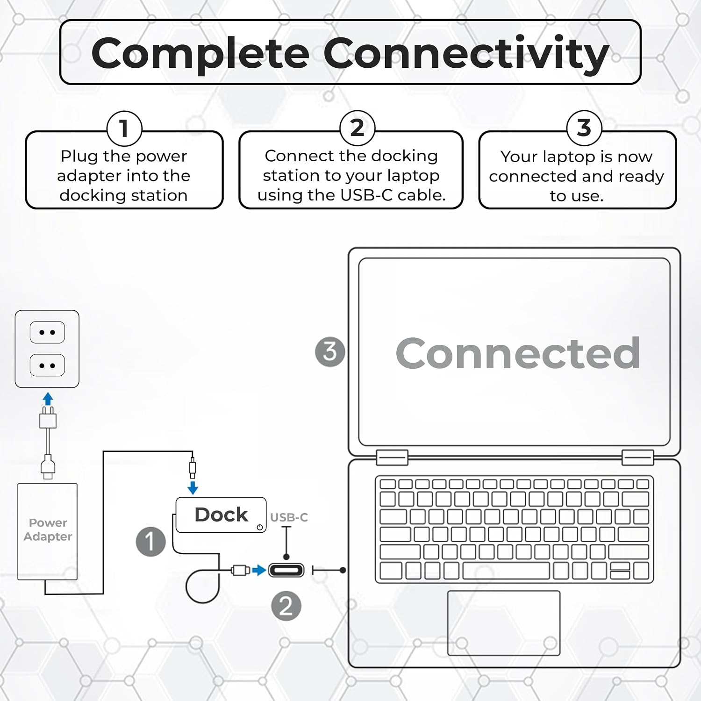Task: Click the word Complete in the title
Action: coord(200,54)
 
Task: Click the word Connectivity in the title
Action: coord(466,54)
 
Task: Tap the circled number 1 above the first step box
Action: coord(124,128)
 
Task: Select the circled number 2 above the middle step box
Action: coord(357,128)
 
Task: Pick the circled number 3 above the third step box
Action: coord(584,128)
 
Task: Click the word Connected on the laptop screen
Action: coord(518,353)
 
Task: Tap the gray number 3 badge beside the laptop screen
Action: coord(330,351)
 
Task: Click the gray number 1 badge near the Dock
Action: coord(150,542)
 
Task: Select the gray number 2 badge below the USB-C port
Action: coord(286,606)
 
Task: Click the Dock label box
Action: coord(221,515)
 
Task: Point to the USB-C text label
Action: coord(289,517)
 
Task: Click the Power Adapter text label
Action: coord(48,529)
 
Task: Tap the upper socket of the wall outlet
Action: coord(47,332)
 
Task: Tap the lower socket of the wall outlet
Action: coord(47,365)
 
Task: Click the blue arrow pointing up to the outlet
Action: coord(48,399)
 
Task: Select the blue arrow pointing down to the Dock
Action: coord(193,488)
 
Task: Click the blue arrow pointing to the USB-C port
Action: coord(259,570)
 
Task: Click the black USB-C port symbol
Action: coord(286,570)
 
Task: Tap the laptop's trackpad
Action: coord(504,623)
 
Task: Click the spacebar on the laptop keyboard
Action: coord(506,571)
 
